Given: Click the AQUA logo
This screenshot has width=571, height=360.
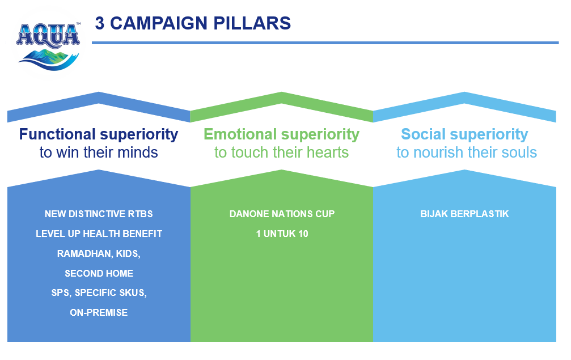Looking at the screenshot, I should [48, 44].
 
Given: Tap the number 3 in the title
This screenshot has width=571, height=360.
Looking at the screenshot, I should [100, 23].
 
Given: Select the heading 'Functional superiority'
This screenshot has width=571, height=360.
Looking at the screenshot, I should [99, 134].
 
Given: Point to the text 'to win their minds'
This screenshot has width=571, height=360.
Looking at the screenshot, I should [99, 153].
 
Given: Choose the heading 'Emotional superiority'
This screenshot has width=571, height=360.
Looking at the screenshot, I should [281, 134].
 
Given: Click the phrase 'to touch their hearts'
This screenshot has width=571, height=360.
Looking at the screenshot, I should [281, 153].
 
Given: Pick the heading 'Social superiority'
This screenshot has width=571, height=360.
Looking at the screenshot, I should [464, 134].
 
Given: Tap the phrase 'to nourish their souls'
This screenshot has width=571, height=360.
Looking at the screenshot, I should [466, 153].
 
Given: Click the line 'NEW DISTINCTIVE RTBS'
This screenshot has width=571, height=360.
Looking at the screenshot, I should [99, 214].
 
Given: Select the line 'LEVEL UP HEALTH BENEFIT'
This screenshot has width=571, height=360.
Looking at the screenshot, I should [99, 234].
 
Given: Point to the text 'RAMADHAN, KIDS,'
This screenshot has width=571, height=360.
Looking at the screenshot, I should [99, 253].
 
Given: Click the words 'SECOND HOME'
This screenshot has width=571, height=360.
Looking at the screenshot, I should [99, 273].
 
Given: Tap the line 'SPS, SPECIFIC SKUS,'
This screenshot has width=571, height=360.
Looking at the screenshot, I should [99, 293].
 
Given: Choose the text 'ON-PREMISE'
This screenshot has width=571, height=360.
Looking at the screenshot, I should [99, 312].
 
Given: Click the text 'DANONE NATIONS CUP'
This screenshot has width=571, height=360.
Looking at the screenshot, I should [282, 214].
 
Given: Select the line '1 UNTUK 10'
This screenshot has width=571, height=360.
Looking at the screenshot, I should [282, 234].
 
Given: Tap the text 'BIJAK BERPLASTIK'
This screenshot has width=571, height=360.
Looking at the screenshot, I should [464, 214].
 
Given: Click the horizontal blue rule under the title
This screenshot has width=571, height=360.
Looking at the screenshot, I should [325, 43].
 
